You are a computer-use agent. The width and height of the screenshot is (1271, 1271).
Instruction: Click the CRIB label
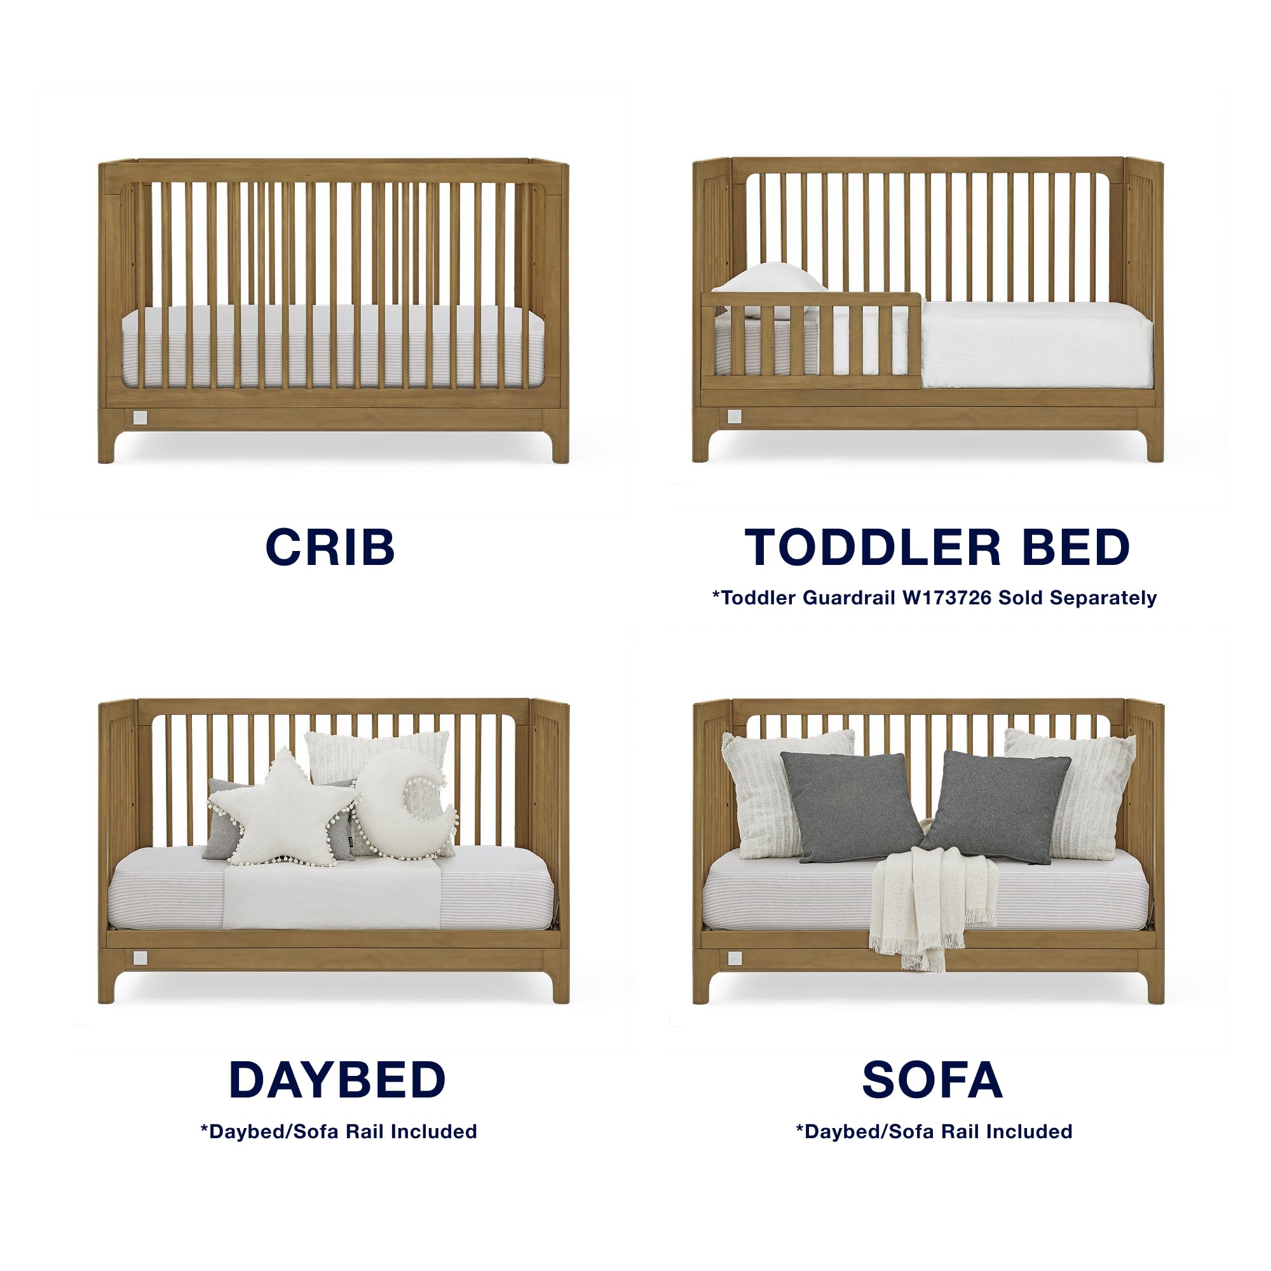[x=330, y=547]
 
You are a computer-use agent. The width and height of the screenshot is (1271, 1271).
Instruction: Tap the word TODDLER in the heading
[x=873, y=547]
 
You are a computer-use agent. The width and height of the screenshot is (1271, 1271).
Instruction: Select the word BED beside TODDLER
[x=1077, y=547]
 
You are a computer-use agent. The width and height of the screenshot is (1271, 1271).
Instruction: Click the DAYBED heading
[x=337, y=1080]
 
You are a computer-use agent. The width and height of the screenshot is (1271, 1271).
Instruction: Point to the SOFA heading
[x=932, y=1080]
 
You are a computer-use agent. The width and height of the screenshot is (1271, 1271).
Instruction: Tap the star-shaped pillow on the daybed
[x=283, y=808]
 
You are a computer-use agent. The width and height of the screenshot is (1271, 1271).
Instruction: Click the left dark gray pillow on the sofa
[x=852, y=805]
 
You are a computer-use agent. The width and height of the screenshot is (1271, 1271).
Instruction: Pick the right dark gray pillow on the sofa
[x=995, y=805]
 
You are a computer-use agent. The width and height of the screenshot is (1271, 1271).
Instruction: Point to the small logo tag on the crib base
[x=139, y=417]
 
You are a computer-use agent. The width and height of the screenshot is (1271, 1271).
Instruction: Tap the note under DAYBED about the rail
[x=338, y=1132]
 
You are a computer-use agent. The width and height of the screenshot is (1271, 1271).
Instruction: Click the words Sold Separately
[x=1077, y=597]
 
